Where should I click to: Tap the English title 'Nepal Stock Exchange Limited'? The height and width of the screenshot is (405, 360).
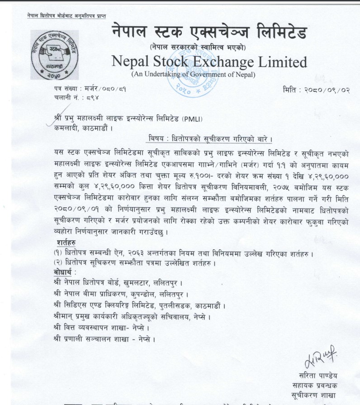208,62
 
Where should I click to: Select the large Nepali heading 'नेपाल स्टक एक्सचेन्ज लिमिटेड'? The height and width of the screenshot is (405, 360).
208,32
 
